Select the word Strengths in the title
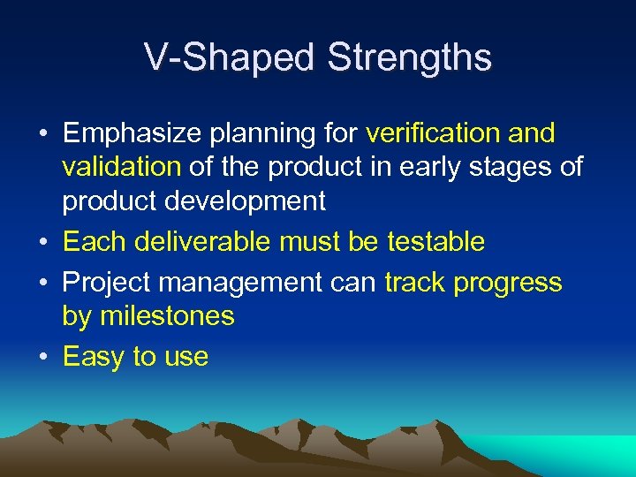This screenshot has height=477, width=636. point(409,57)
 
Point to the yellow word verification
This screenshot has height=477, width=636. point(433,133)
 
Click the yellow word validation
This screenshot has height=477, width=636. point(121,167)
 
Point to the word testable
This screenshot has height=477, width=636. point(436,241)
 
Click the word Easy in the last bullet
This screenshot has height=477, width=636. point(94,357)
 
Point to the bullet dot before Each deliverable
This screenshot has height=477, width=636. point(43,242)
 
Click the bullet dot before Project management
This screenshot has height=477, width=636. point(43,283)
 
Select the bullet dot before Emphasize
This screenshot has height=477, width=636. point(43,134)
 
